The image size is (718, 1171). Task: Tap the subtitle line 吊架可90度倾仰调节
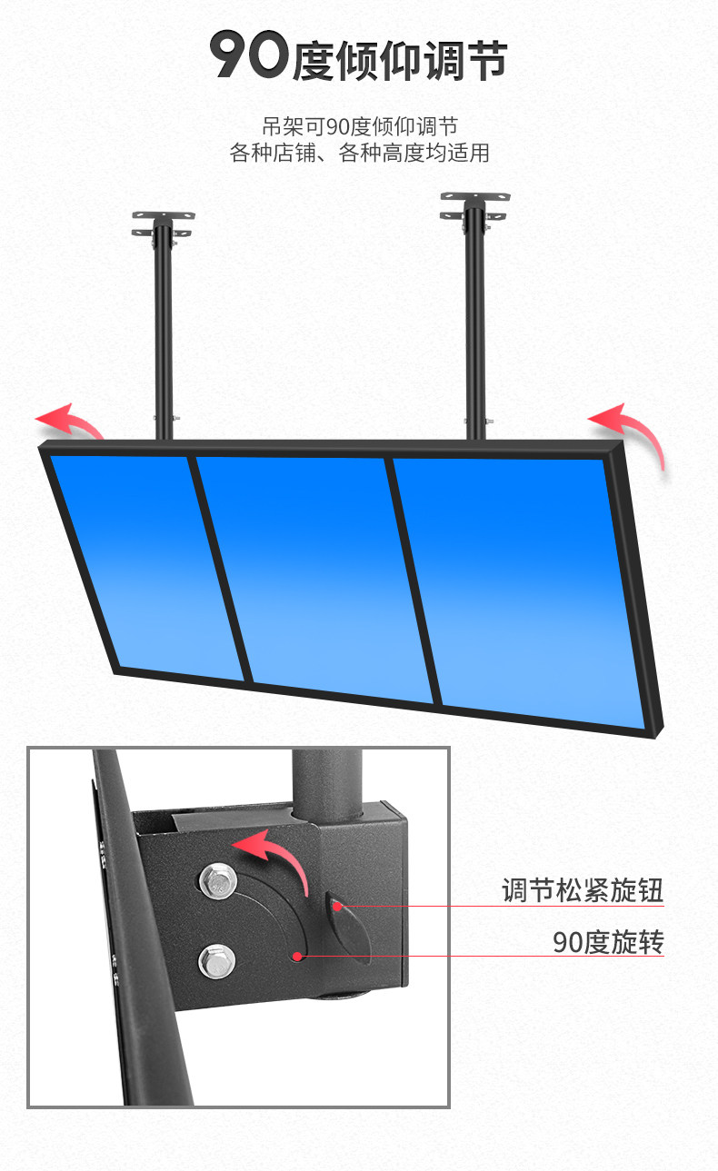pyautogui.click(x=359, y=126)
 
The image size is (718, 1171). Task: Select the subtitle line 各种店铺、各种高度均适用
pyautogui.click(x=359, y=154)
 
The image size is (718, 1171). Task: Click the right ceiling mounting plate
pyautogui.click(x=474, y=204)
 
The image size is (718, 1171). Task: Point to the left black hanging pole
pyautogui.click(x=164, y=336)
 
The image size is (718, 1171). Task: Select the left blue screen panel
pyautogui.click(x=145, y=563)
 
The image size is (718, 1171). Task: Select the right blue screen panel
pyautogui.click(x=518, y=590)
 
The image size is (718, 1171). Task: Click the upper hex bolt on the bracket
pyautogui.click(x=217, y=878)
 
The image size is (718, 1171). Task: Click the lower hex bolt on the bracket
pyautogui.click(x=216, y=959)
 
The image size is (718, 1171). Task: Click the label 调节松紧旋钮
pyautogui.click(x=583, y=890)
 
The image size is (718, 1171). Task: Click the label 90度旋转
pyautogui.click(x=608, y=943)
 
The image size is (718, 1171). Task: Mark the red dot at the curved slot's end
pyautogui.click(x=297, y=955)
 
